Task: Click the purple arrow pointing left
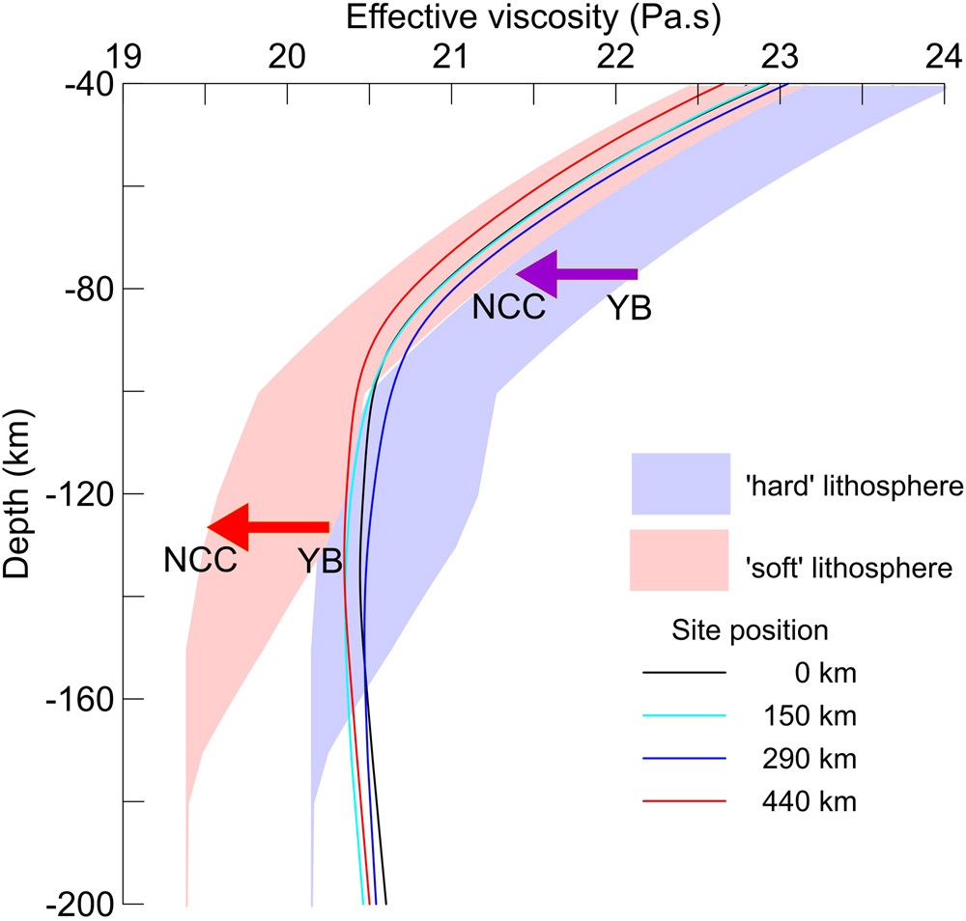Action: [577, 273]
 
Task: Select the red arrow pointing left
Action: [269, 526]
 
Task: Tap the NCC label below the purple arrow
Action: [509, 308]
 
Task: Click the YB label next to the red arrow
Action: [320, 562]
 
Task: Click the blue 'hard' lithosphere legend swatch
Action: [680, 484]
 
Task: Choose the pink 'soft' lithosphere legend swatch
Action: [680, 559]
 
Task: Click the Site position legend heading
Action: [750, 631]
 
